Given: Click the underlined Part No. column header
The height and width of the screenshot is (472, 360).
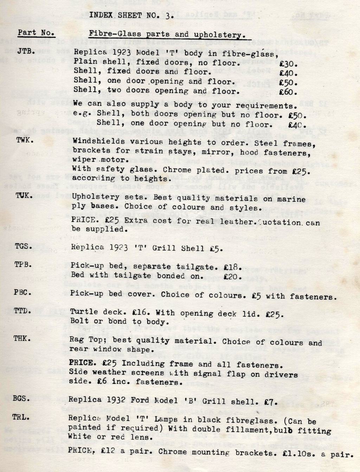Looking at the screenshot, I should click(x=36, y=33).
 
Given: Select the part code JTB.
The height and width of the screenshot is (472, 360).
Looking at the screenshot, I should click(x=26, y=51).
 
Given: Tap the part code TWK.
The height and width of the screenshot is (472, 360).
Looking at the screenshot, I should click(x=25, y=140).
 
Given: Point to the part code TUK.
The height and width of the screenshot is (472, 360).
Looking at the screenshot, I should click(x=24, y=195).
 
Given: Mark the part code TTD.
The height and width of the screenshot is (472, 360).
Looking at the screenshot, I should click(x=23, y=311).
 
